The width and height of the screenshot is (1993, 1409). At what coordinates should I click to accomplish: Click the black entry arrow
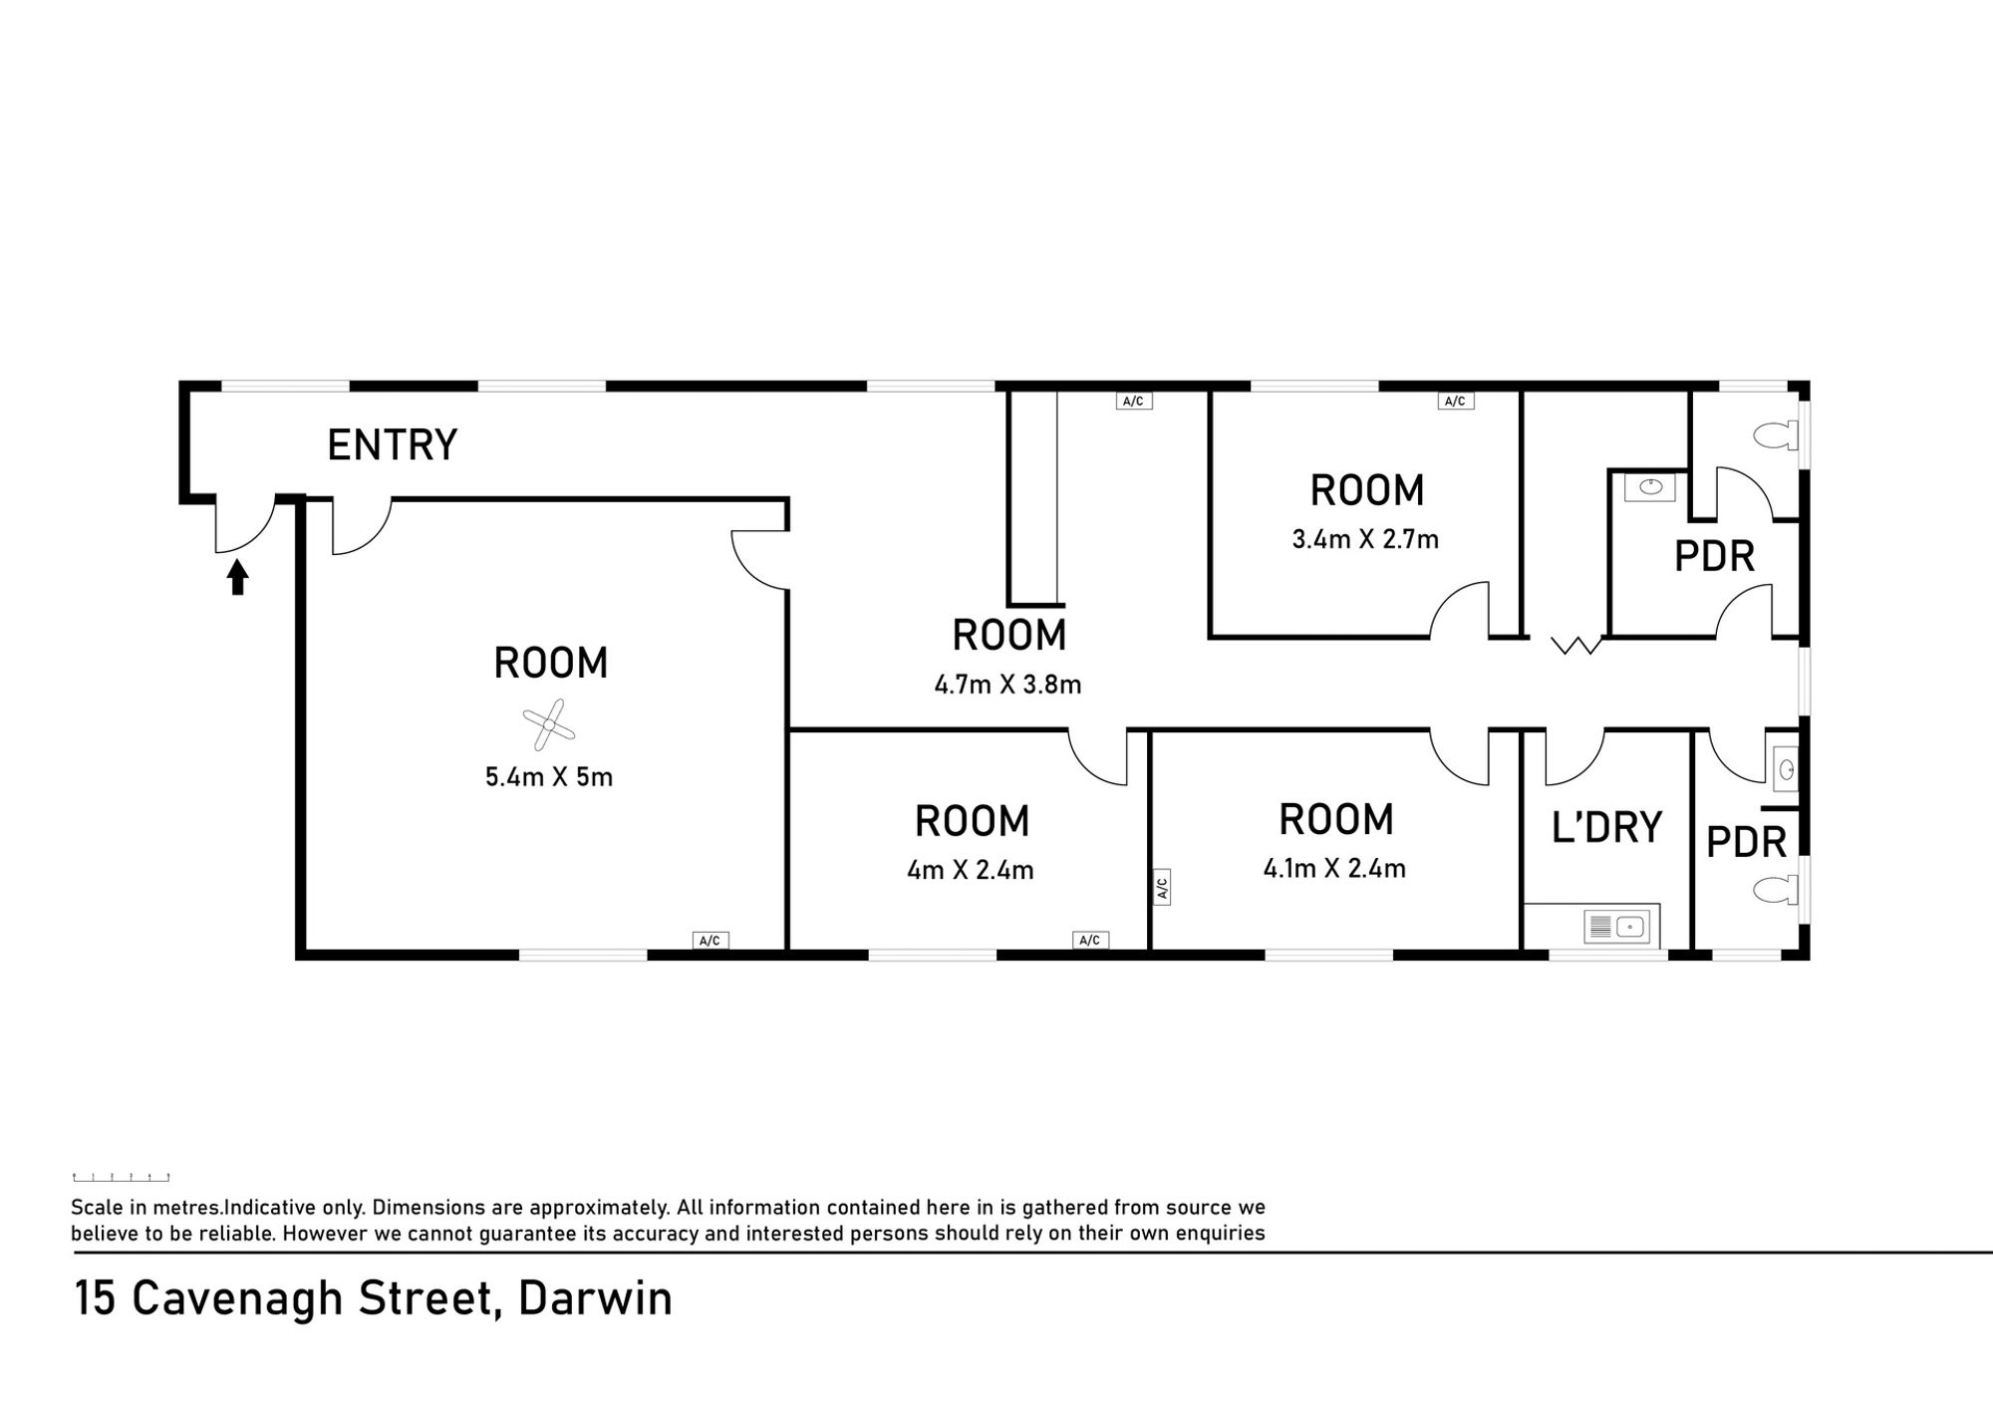237,577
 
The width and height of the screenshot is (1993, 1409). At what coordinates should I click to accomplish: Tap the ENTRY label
392,444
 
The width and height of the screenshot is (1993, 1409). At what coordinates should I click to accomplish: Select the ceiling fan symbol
549,724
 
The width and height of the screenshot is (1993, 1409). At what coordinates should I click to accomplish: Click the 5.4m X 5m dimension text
549,776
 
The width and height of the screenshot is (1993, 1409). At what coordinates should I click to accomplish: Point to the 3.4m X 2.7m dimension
1365,539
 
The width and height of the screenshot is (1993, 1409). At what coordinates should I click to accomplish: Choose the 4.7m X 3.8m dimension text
1007,685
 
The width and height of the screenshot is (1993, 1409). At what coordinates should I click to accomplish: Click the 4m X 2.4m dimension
971,870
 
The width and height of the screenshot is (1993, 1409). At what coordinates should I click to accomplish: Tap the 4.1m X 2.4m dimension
1334,868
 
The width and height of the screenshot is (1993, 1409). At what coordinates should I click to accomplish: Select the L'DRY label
1606,827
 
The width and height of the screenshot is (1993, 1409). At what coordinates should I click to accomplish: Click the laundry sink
1616,927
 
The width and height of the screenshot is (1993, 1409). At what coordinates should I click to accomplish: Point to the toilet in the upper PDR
1775,435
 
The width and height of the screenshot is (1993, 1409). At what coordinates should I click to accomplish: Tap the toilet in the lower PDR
1775,889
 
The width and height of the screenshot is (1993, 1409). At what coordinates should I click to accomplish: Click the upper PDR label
1714,556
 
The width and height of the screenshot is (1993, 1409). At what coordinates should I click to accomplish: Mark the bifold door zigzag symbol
1576,645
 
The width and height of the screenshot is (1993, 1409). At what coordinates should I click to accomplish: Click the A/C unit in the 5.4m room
711,940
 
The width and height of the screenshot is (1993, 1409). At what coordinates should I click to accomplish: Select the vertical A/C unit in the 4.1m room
1162,886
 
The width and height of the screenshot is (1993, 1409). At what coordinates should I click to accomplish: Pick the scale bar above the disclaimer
121,1178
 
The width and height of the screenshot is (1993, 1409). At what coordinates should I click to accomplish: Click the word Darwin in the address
595,1298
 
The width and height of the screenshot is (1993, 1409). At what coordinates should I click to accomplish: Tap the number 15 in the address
95,1298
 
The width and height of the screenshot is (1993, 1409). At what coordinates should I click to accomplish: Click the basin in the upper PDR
1650,486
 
